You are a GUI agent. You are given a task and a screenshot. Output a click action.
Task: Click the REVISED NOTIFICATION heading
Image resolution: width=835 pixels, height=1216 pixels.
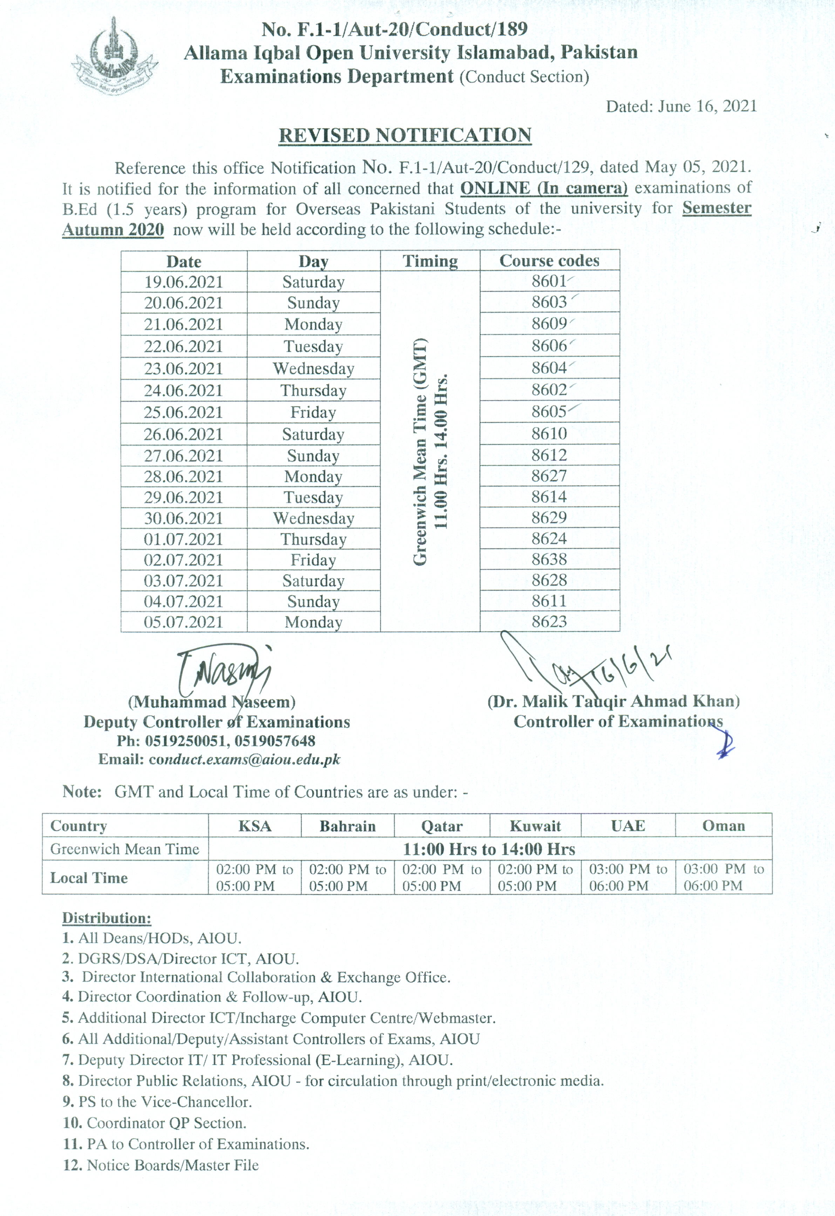[x=405, y=135]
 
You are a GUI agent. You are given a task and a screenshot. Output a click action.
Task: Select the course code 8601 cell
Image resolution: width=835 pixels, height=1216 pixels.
[x=549, y=282]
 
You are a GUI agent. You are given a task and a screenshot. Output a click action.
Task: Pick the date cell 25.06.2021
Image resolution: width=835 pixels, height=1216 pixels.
[x=184, y=413]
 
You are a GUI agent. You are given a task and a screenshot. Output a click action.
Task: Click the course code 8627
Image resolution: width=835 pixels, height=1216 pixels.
[x=549, y=476]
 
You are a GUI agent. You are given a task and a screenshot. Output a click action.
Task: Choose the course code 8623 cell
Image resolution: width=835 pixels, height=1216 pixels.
[x=549, y=622]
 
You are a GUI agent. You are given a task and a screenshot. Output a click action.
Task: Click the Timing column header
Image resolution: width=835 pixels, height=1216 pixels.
[x=430, y=261]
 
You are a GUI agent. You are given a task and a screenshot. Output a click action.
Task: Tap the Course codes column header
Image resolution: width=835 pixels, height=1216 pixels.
[x=549, y=261]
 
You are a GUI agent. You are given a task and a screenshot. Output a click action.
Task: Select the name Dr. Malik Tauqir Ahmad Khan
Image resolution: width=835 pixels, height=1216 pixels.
[x=613, y=702]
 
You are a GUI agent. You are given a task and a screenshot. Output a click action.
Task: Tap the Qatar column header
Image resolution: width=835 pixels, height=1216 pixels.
[x=442, y=826]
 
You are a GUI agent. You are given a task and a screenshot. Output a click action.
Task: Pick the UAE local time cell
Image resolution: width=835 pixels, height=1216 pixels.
[x=628, y=878]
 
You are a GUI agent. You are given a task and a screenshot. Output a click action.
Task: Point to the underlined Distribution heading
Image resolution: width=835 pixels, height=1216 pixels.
[x=107, y=918]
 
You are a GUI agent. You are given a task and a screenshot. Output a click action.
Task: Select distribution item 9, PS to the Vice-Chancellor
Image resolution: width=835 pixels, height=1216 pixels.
[x=157, y=1102]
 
